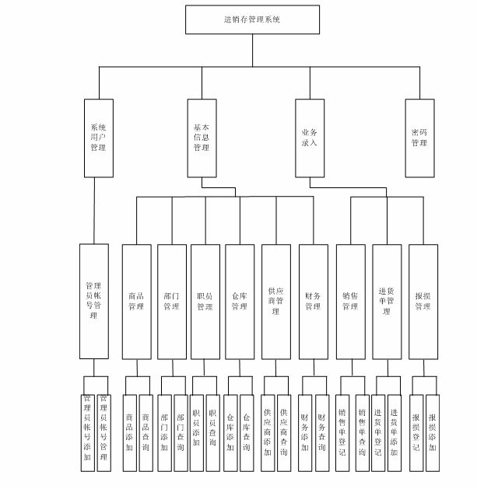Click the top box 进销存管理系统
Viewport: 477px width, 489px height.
point(252,19)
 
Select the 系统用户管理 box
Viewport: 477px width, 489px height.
point(98,137)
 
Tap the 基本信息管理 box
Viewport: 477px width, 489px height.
point(202,137)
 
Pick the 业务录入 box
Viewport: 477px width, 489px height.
point(309,137)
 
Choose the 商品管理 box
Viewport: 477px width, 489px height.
point(136,301)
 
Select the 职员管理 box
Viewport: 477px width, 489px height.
point(205,301)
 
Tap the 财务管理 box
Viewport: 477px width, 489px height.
point(313,301)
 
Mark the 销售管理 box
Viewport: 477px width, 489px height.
point(350,301)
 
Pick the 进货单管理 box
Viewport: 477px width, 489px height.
point(387,301)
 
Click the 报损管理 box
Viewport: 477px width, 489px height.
point(423,301)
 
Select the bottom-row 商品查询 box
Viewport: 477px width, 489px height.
point(146,424)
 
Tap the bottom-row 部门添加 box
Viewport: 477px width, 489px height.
point(164,424)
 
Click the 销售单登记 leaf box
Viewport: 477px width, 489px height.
point(342,424)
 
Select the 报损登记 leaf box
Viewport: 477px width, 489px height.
point(416,424)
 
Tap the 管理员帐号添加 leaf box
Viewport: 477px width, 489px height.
point(87,424)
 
